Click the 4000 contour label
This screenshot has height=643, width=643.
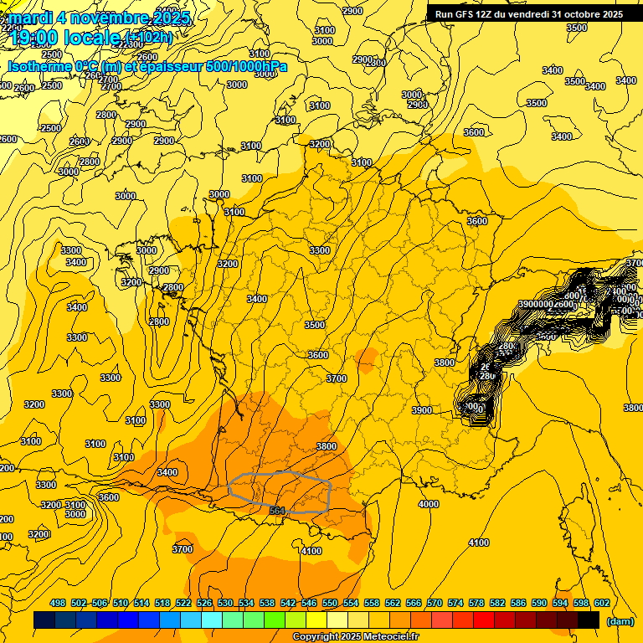(x=429, y=504)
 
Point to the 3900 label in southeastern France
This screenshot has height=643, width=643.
(x=422, y=410)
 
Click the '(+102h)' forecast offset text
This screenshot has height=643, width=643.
(x=148, y=37)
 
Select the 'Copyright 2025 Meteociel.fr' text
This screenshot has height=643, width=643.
(x=355, y=637)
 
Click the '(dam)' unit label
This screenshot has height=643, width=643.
(x=620, y=621)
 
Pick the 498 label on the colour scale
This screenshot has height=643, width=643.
(x=58, y=603)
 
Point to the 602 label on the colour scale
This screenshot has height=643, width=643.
(x=601, y=603)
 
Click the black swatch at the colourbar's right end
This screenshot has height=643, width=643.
(x=589, y=620)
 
